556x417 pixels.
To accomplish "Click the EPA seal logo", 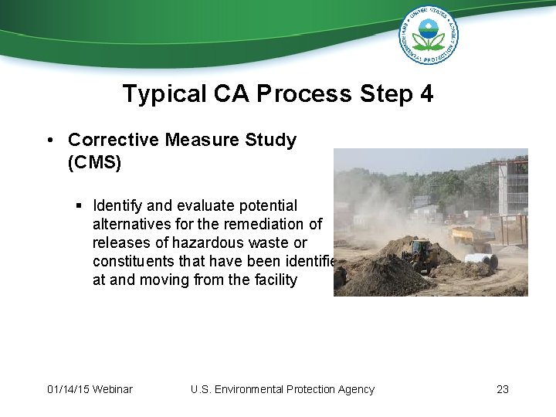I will pyautogui.click(x=428, y=35).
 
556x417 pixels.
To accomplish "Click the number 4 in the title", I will pyautogui.click(x=426, y=94).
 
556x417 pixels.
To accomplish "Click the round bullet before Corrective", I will pyautogui.click(x=49, y=141).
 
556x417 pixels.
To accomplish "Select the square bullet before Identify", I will pyautogui.click(x=80, y=206).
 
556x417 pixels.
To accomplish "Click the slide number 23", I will pyautogui.click(x=503, y=389).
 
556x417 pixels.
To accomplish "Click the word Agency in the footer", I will pyautogui.click(x=354, y=389).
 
